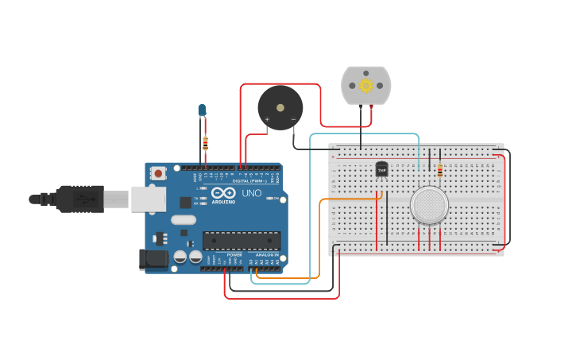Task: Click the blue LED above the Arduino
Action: [x=202, y=110]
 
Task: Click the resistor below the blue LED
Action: [x=205, y=144]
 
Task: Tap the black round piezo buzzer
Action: [x=280, y=107]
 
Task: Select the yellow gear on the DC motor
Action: [x=366, y=85]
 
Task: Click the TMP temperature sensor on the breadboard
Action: [x=381, y=169]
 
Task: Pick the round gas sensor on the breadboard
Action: [x=429, y=205]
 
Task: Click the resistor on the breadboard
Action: [x=440, y=168]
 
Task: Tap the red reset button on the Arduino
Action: [x=159, y=172]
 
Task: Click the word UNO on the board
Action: [x=251, y=193]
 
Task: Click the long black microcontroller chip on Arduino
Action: [x=241, y=240]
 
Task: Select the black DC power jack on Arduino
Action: [x=153, y=259]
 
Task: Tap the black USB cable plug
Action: [x=79, y=199]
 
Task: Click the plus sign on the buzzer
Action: [x=267, y=120]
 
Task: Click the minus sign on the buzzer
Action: [x=293, y=120]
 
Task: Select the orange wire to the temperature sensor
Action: [x=320, y=238]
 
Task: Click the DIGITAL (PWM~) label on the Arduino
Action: [x=248, y=180]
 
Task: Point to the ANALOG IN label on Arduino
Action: [x=266, y=254]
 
